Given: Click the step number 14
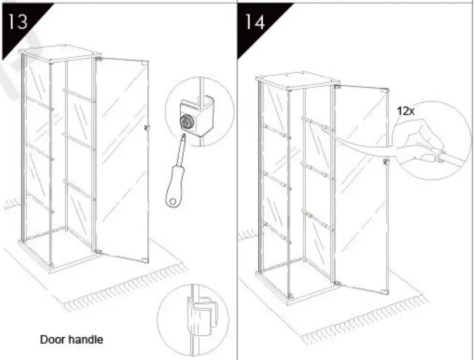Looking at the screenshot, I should pos(254,22).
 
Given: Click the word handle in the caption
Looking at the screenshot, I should pos(86,338).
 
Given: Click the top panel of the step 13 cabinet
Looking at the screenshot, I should pos(58,54).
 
